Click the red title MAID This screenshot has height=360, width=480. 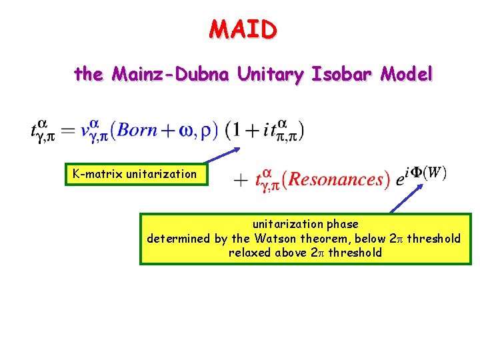pos(242,29)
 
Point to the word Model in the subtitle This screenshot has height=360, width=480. pos(406,74)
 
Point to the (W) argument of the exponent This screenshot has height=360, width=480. pos(435,172)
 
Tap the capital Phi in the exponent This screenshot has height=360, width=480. pos(415,172)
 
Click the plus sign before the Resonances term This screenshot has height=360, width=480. pos(241,180)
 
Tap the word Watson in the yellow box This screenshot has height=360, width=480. pos(271,239)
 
